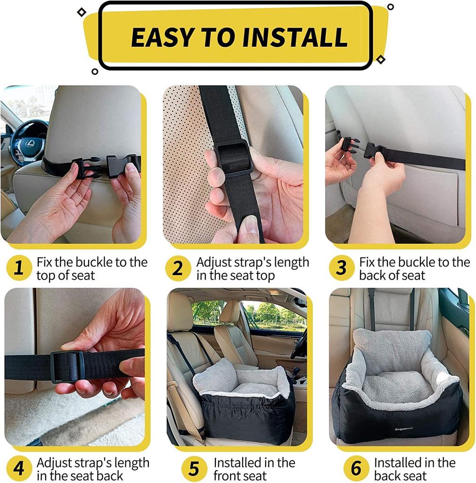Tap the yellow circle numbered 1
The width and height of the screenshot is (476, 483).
pos(18,268)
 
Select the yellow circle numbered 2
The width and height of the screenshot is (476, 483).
pos(178,268)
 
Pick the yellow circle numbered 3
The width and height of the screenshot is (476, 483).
pos(341,268)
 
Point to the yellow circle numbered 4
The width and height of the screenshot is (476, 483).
pos(18,469)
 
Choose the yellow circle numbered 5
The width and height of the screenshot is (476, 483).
pos(194,469)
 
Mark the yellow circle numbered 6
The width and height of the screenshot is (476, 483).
pos(356,469)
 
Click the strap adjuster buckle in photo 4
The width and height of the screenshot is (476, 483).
pos(67,366)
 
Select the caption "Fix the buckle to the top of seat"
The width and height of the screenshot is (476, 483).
pos(92,268)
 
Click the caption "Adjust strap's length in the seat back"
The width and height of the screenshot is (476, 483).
pos(92,469)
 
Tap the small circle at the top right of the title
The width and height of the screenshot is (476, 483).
pos(390,7)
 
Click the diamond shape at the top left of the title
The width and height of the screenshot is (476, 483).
pos(82,12)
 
